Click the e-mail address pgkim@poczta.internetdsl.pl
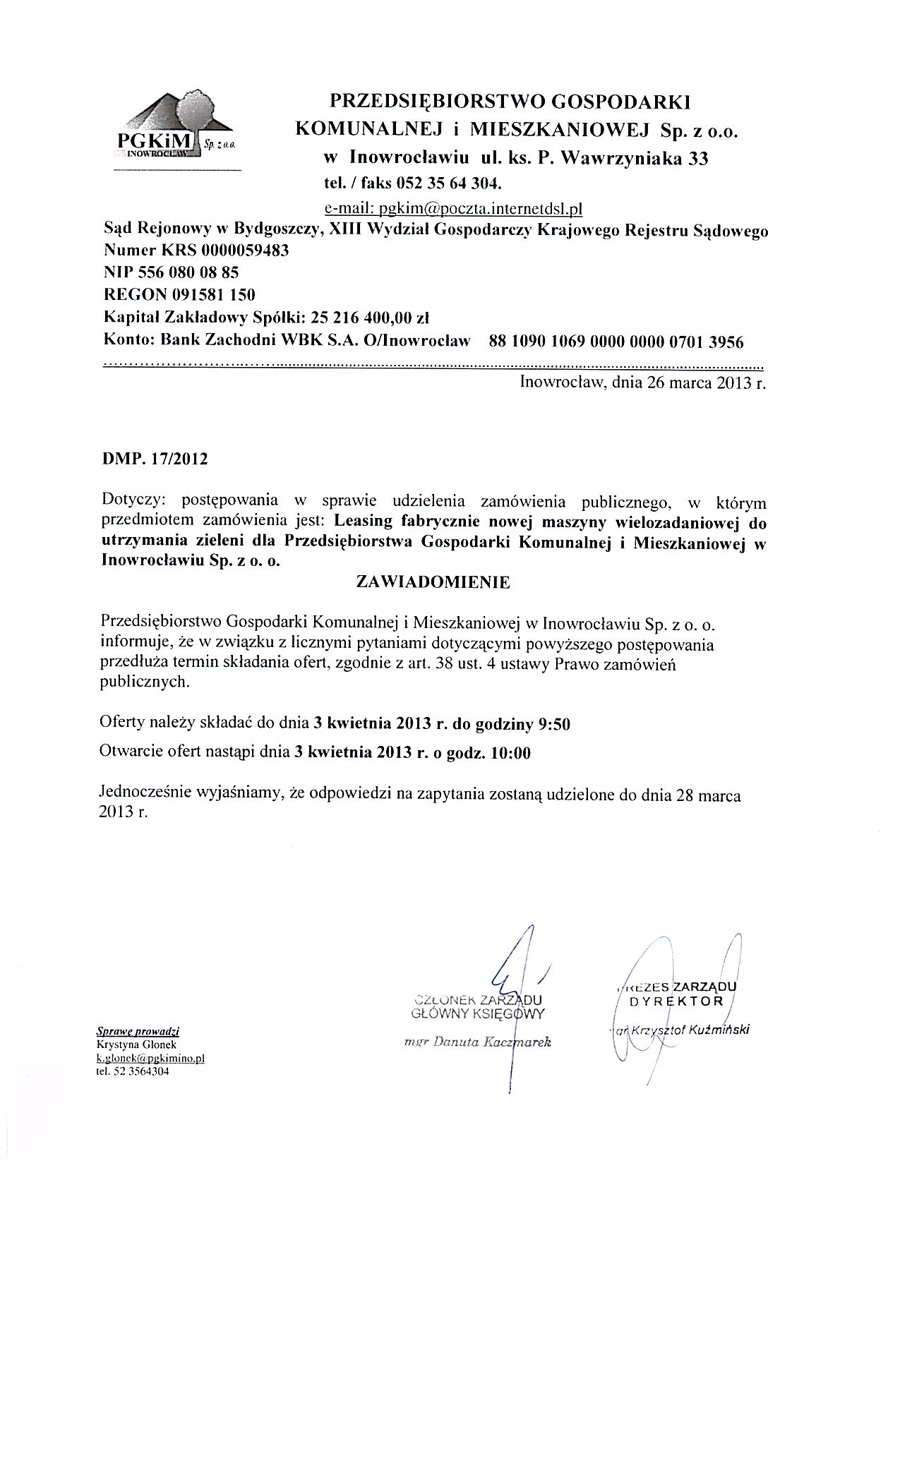(x=452, y=208)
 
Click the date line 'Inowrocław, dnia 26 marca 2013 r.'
(x=642, y=383)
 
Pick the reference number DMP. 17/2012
(x=155, y=459)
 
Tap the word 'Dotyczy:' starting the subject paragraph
(x=133, y=501)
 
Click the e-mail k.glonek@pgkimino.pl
(x=150, y=1058)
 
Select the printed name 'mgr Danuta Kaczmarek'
(x=477, y=1042)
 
